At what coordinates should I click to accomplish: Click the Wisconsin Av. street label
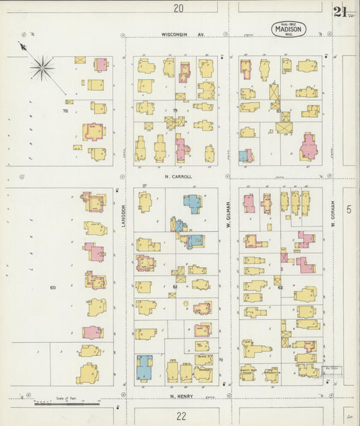[182, 34]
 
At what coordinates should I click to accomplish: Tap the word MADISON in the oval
[290, 28]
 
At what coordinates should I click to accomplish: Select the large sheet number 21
[340, 11]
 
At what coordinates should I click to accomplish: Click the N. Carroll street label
[178, 176]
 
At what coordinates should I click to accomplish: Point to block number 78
[66, 110]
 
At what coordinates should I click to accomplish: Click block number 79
[175, 110]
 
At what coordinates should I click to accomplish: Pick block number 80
[278, 110]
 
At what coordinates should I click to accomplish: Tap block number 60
[52, 287]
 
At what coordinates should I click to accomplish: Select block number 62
[280, 287]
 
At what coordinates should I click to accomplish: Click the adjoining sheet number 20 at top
[178, 8]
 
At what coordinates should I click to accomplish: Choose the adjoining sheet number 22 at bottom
[180, 417]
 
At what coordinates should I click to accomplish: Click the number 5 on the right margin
[349, 210]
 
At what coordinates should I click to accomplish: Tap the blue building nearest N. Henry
[145, 368]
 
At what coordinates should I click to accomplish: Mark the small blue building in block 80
[243, 156]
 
